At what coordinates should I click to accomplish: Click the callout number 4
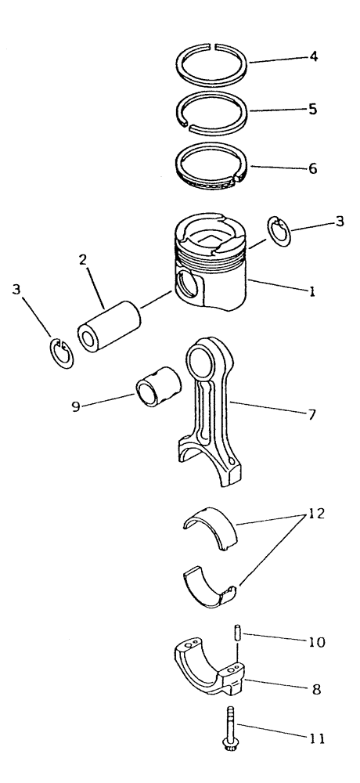(x=313, y=56)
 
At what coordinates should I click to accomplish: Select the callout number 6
(x=313, y=168)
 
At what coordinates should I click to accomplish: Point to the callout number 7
(x=311, y=414)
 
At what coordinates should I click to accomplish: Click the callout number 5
(x=313, y=110)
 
